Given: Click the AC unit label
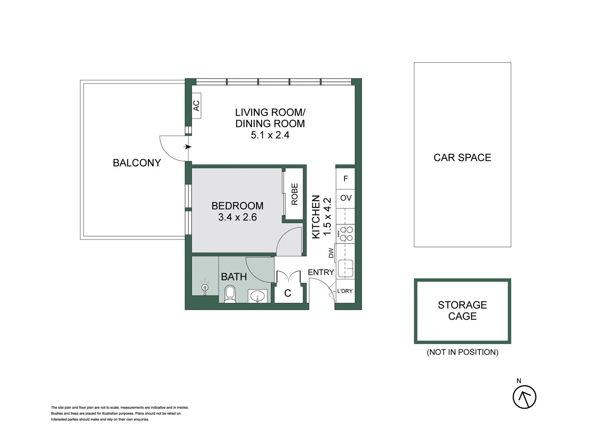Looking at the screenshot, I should coord(196,106).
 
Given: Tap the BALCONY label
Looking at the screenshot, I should coord(137,163).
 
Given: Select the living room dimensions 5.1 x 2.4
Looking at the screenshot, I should coord(270,135).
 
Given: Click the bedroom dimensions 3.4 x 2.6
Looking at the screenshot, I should coord(237,217).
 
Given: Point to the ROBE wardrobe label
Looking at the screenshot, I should coord(294,194).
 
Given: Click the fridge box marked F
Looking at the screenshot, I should coord(346,179).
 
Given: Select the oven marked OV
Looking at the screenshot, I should coord(346,198).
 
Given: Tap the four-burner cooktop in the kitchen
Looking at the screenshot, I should coord(346,233).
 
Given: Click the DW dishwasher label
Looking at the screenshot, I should coord(331,253).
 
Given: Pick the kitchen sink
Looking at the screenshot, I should coord(346,268).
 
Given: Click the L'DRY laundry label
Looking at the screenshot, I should coord(345,291).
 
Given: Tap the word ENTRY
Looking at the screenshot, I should coord(321,272).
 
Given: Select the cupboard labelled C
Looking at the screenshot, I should coord(288,293).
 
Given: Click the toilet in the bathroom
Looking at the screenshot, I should coord(230,295).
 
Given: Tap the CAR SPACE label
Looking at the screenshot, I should coord(462,158).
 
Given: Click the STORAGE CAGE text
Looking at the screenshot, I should coord(462,310).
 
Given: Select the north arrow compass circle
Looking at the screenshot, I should coord(524,397).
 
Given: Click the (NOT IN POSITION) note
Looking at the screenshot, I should coord(462,352).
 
